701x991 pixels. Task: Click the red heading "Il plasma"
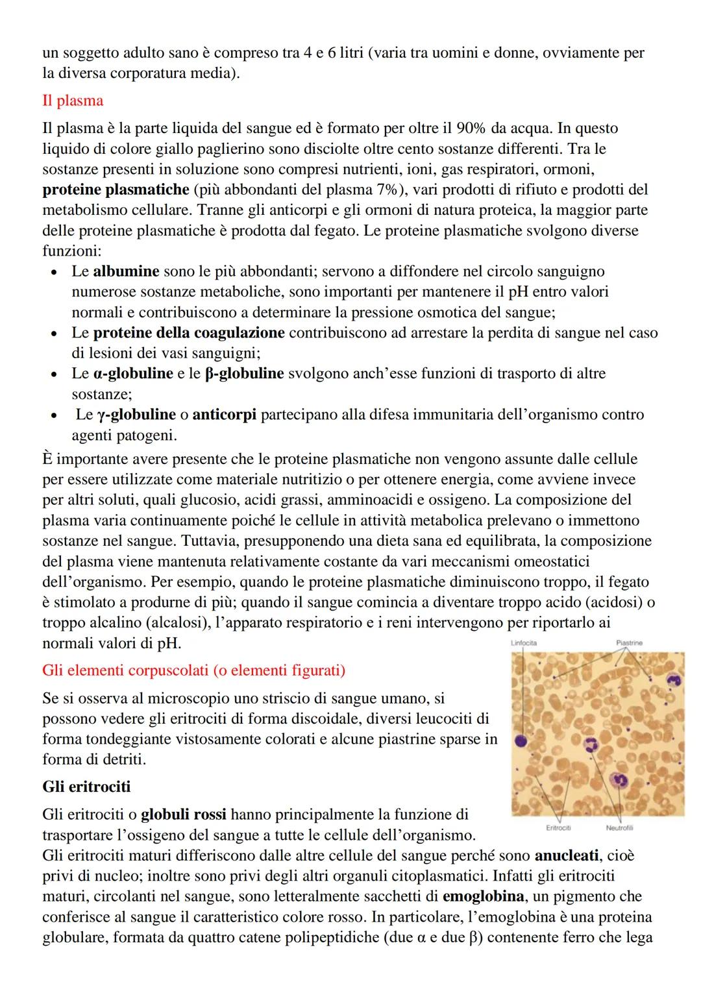[73, 101]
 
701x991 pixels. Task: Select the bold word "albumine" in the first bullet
[126, 271]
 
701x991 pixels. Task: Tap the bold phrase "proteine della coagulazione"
[189, 333]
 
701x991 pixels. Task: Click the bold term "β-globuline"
[244, 374]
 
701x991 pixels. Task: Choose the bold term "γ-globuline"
[136, 415]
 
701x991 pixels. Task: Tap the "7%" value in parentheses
[389, 190]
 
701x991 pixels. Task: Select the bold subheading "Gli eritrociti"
[86, 787]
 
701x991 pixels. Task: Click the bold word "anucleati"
[567, 855]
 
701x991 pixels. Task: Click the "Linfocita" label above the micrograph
[524, 643]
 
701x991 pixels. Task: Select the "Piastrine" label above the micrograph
[629, 643]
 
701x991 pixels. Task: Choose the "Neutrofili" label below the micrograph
[619, 827]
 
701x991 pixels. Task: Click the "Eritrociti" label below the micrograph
[558, 827]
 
